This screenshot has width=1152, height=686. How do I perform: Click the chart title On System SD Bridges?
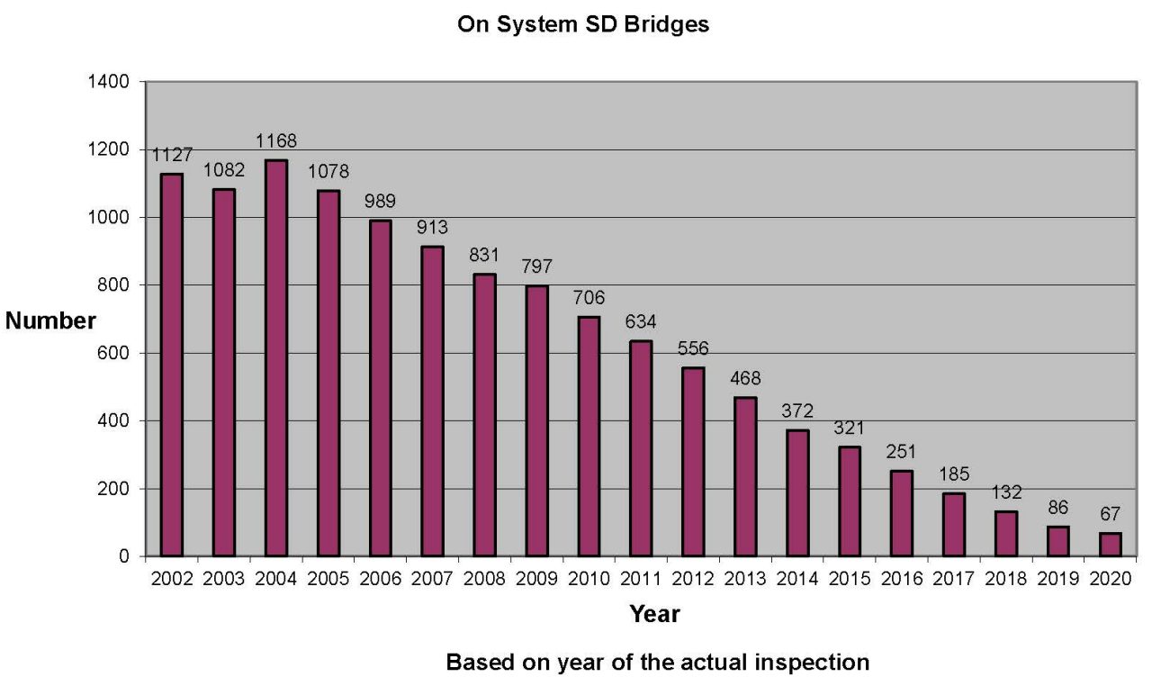[x=583, y=25]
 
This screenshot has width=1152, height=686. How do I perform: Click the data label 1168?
[x=276, y=141]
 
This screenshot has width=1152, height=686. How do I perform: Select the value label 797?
[x=536, y=267]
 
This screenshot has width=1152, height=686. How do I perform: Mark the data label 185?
[x=953, y=474]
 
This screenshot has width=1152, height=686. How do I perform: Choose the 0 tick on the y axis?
[x=127, y=556]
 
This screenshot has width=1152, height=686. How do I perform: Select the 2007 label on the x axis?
[x=432, y=579]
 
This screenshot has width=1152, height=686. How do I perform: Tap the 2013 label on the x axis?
[x=744, y=579]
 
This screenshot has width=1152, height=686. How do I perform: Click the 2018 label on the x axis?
[x=1004, y=579]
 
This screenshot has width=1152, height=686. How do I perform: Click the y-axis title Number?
[x=50, y=321]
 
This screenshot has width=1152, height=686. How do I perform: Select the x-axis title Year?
[x=654, y=615]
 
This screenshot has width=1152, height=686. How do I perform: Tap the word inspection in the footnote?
[x=814, y=663]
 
